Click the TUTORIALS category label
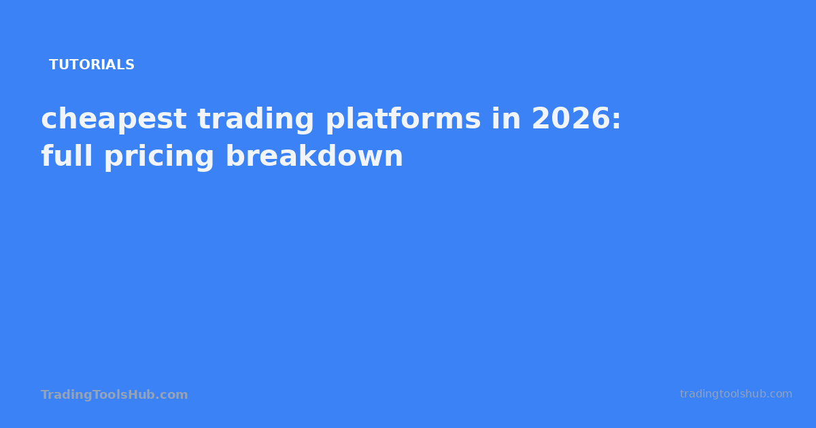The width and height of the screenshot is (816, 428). click(92, 65)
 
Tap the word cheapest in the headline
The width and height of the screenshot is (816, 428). click(114, 120)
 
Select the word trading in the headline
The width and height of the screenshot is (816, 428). click(256, 120)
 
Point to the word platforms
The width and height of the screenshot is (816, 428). click(403, 120)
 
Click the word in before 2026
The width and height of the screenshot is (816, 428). click(506, 119)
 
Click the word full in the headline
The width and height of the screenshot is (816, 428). click(67, 156)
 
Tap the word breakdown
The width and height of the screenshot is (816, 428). click(314, 156)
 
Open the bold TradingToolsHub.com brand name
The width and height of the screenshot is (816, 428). click(114, 395)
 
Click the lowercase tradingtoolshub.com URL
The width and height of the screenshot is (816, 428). click(736, 394)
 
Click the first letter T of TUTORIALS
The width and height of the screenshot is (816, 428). click(53, 65)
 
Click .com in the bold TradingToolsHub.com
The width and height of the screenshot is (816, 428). click(174, 395)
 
